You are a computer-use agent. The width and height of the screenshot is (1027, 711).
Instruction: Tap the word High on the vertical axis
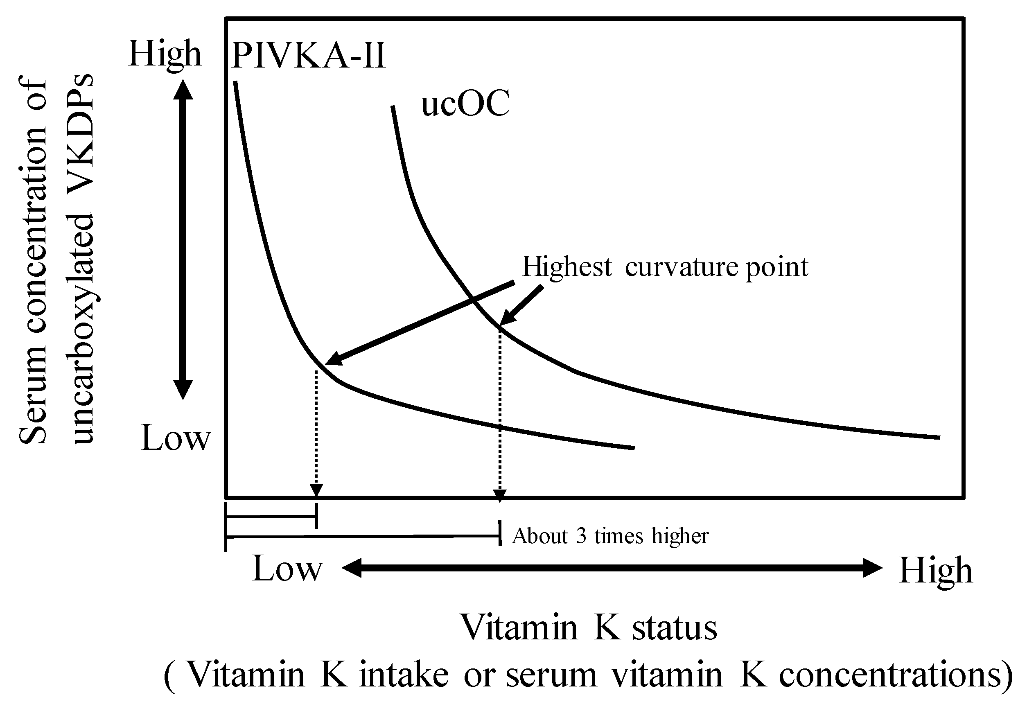tap(165, 54)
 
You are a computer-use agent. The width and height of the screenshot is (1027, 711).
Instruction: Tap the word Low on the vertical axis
tap(175, 438)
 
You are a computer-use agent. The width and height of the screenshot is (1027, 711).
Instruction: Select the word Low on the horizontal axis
tap(287, 569)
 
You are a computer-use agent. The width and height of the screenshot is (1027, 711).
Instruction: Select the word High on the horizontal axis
tap(936, 571)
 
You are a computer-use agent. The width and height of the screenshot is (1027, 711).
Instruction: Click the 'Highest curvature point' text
tap(664, 267)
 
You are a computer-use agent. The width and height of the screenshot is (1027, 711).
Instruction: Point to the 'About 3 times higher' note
tap(610, 536)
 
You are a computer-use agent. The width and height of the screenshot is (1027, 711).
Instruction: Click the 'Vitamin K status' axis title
tap(588, 627)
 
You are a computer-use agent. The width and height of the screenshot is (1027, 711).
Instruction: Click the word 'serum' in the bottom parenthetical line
tap(551, 675)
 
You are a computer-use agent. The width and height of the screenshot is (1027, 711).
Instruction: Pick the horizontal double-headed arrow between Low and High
tap(612, 568)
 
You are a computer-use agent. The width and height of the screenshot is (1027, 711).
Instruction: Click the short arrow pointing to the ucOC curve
tap(521, 306)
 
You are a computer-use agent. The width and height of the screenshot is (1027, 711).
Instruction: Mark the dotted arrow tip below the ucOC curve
tap(500, 496)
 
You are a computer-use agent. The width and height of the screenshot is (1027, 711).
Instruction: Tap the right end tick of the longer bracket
tap(500, 533)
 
